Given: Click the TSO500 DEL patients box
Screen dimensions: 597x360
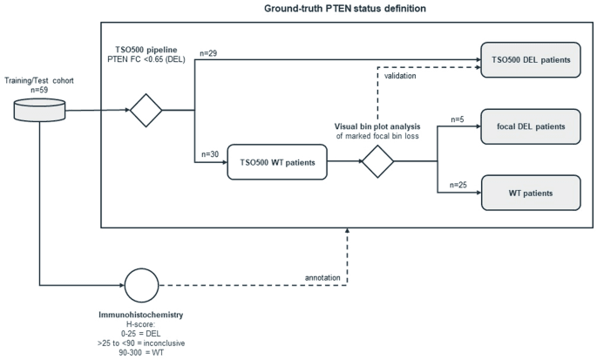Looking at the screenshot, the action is [531, 60].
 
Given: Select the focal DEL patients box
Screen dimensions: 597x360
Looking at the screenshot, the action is [531, 126].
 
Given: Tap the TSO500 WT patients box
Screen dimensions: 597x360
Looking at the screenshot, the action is [277, 162].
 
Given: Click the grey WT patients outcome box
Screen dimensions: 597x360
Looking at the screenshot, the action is [531, 193].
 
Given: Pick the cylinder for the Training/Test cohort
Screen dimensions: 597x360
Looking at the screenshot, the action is [39, 110].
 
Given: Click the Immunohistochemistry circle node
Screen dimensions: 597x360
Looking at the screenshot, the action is [142, 285].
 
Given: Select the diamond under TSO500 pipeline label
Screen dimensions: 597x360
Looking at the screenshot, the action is [146, 111].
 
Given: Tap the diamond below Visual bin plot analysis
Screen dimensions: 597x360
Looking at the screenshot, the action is [377, 161].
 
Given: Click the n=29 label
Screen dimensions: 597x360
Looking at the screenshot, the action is [208, 53].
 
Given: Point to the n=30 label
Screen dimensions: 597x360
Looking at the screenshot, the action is [210, 154].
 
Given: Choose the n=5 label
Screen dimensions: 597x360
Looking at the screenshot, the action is [458, 119].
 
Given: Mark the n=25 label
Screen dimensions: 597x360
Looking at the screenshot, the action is [458, 185].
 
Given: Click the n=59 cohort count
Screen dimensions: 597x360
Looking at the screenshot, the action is [39, 91].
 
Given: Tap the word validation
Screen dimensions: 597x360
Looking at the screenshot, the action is [400, 76].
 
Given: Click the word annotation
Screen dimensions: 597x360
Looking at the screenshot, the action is [322, 278].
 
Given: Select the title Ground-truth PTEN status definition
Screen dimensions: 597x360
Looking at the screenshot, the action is [345, 9].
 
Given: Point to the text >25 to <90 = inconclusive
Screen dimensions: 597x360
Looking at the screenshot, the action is [141, 343].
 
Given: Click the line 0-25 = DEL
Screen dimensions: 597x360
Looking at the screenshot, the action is [141, 334].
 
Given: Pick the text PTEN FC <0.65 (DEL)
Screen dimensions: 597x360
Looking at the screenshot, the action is [146, 59].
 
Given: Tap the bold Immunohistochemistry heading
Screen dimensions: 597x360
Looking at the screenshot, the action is [141, 315].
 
